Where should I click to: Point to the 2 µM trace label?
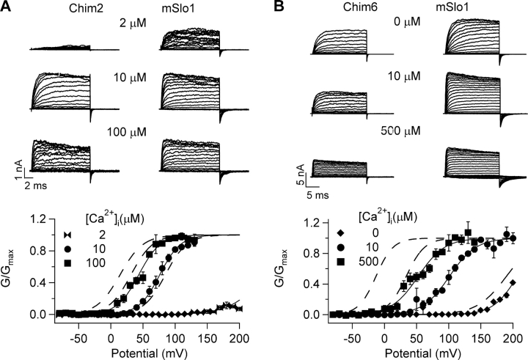pos(135,23)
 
